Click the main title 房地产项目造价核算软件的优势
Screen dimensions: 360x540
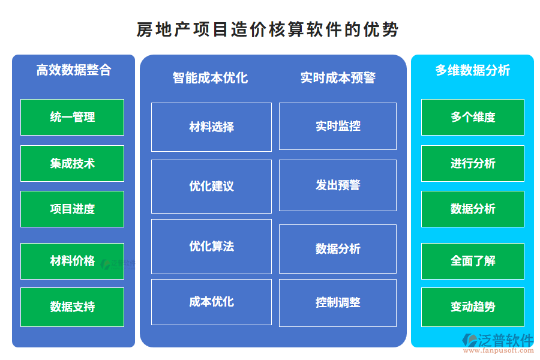(x=268, y=29)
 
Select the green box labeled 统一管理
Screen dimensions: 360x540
(x=72, y=117)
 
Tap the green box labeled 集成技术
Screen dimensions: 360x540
(x=72, y=163)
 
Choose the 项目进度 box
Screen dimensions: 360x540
(x=72, y=209)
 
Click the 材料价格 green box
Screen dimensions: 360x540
(x=72, y=261)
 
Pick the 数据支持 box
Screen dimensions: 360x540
(x=72, y=307)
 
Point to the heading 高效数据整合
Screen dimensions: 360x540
(x=74, y=70)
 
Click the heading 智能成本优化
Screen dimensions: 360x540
(x=210, y=77)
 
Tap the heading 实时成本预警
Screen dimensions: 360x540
(x=338, y=77)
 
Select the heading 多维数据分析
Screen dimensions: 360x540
(x=472, y=70)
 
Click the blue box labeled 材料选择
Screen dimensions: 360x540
(x=211, y=127)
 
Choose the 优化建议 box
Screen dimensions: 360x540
(x=211, y=186)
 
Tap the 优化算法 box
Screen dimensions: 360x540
(x=211, y=246)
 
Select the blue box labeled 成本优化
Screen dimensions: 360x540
(x=211, y=301)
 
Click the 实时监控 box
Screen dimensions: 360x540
(x=338, y=126)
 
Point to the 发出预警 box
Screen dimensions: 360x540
(x=338, y=185)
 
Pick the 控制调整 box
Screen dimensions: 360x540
(x=338, y=302)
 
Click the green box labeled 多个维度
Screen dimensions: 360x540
(x=473, y=117)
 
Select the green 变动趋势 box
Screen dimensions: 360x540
(x=473, y=307)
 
